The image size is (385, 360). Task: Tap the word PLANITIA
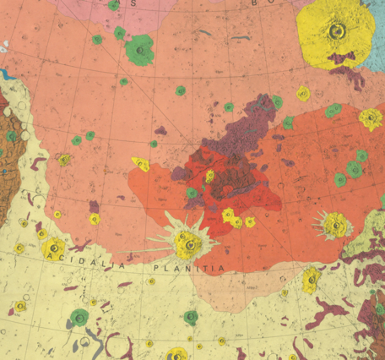click(x=189, y=268)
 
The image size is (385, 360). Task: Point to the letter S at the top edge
click(x=133, y=3)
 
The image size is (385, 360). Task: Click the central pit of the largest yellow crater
click(x=338, y=32)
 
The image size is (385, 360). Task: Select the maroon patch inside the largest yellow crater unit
click(x=342, y=57)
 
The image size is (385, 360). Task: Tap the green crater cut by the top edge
click(x=114, y=5)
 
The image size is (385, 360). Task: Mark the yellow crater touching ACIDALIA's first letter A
click(x=54, y=248)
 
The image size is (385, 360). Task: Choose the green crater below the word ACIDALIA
click(x=79, y=318)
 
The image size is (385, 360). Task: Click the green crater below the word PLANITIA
click(x=191, y=317)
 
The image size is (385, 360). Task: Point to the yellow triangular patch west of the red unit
click(x=140, y=164)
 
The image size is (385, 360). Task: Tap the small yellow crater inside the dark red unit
click(x=209, y=176)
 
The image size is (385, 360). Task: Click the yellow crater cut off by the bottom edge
click(x=176, y=354)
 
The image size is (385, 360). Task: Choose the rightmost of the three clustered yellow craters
click(x=250, y=222)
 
